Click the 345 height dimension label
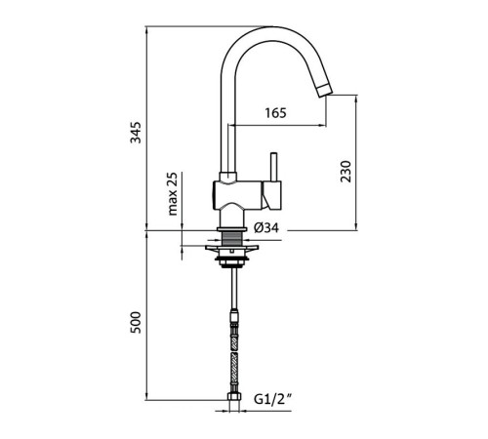[x=136, y=133]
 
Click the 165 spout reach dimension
[x=275, y=113]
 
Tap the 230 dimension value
[x=346, y=172]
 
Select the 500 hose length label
[x=136, y=322]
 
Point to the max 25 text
[x=173, y=194]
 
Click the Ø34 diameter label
[x=266, y=227]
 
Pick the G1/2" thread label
[x=272, y=399]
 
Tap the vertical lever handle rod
[x=274, y=167]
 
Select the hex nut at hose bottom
[x=233, y=397]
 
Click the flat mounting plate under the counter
[x=231, y=248]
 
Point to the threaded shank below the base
[x=231, y=238]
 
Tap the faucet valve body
[x=237, y=195]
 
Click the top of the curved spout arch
[x=274, y=27]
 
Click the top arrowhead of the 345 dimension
[x=146, y=30]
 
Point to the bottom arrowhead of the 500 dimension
[x=146, y=396]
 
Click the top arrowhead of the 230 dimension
[x=356, y=99]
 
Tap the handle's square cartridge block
[x=272, y=195]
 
